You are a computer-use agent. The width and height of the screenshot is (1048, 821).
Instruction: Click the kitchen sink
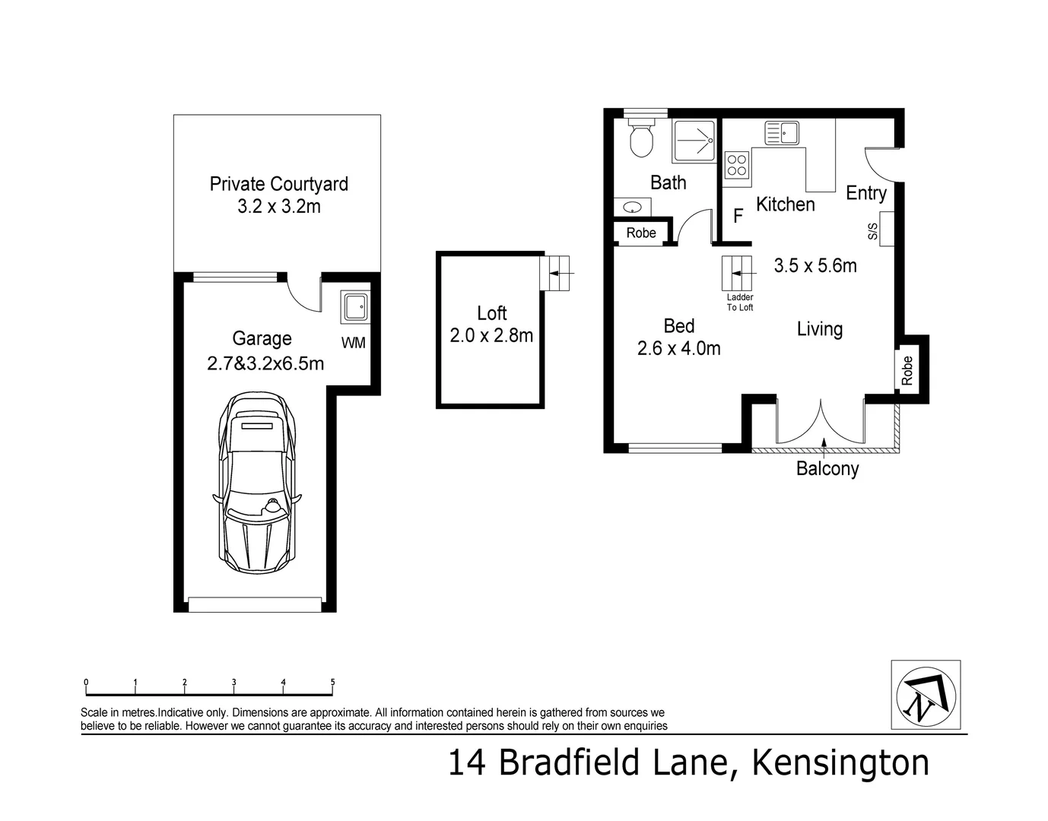coord(782,134)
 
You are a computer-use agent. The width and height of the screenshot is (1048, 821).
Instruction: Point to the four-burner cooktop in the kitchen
coord(737,165)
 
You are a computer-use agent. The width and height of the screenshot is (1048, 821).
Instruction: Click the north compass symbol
coord(925,695)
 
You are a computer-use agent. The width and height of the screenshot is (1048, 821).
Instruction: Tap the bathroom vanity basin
coord(632,207)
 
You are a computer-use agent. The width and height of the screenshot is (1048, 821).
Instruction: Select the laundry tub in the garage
coord(354,307)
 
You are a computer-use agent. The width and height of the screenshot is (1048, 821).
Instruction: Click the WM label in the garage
coord(354,343)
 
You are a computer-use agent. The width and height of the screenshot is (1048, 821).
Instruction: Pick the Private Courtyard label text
coord(278,184)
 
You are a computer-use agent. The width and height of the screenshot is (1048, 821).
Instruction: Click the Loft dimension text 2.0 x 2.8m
coord(491,334)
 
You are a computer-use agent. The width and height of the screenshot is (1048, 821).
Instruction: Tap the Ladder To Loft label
coord(740,303)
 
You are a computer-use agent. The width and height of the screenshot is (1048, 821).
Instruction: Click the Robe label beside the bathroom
coord(641,233)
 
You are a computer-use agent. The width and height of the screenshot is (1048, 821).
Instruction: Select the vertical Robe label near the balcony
coord(907,371)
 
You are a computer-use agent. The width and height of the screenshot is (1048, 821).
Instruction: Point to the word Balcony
coord(827,468)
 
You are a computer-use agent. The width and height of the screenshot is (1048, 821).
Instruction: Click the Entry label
coord(866,193)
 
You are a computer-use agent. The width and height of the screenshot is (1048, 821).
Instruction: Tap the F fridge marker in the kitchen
coord(738,216)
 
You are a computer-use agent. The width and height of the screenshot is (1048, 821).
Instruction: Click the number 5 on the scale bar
coord(332,682)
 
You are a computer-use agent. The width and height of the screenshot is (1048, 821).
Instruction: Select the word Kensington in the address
coord(840,763)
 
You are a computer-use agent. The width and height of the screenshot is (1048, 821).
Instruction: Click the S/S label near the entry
coord(873,232)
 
